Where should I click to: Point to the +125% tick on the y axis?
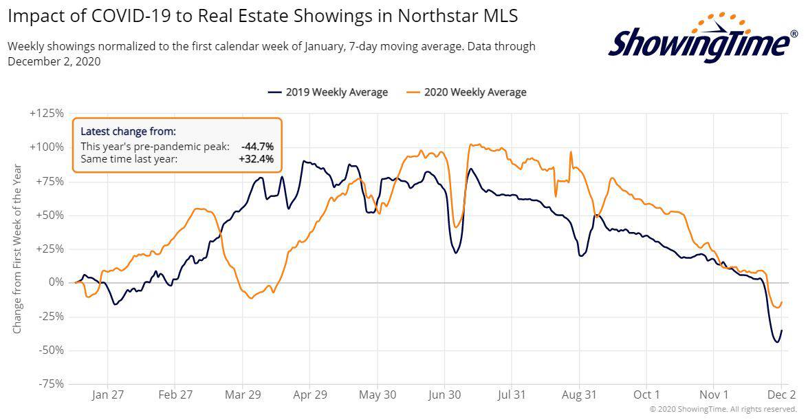(47, 113)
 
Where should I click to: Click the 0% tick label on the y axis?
(55, 282)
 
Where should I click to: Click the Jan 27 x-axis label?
(108, 395)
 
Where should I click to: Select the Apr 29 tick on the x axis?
(310, 395)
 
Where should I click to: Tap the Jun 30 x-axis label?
(445, 395)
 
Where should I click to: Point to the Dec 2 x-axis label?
(781, 395)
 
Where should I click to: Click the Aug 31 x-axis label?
(580, 395)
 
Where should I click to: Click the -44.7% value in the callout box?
(257, 147)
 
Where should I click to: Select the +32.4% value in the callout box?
(256, 159)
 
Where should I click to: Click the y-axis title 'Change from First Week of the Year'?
(17, 248)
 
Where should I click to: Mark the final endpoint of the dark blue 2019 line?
(781, 330)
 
